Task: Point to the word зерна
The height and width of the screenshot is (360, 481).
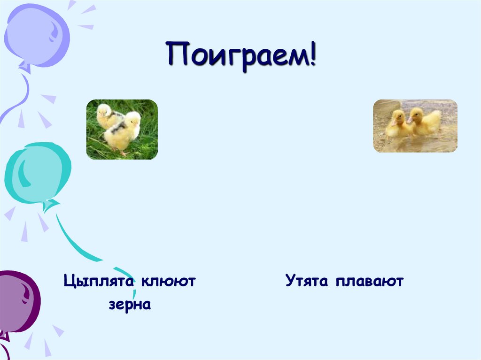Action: (130, 305)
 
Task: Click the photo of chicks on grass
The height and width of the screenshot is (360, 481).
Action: (122, 129)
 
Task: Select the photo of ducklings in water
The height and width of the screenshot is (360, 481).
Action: (415, 126)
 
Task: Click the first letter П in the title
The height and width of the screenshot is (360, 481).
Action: (177, 56)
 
